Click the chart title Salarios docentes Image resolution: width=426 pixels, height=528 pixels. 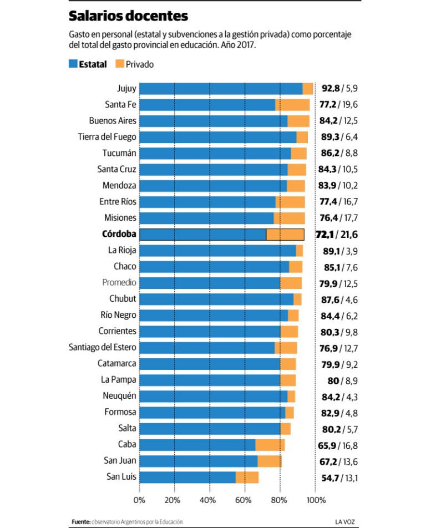128,16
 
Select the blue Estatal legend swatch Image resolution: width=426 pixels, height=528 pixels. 74,64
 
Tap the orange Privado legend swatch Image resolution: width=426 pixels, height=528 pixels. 120,64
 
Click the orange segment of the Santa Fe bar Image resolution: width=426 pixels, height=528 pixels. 292,104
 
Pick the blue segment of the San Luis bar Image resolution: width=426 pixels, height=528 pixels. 187,477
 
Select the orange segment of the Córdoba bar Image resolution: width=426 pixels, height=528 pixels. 285,234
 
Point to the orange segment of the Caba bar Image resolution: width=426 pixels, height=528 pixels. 270,444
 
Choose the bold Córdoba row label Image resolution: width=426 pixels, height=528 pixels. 119,234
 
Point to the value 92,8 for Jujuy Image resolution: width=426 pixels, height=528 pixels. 331,88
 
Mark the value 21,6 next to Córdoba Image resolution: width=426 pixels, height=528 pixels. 348,234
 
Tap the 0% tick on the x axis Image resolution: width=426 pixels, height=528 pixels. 139,500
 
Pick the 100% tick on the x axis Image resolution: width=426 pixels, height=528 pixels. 315,500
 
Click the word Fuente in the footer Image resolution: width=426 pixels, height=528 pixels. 80,521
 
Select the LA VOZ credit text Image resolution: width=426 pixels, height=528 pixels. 346,521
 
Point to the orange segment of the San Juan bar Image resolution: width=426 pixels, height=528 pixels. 270,461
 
